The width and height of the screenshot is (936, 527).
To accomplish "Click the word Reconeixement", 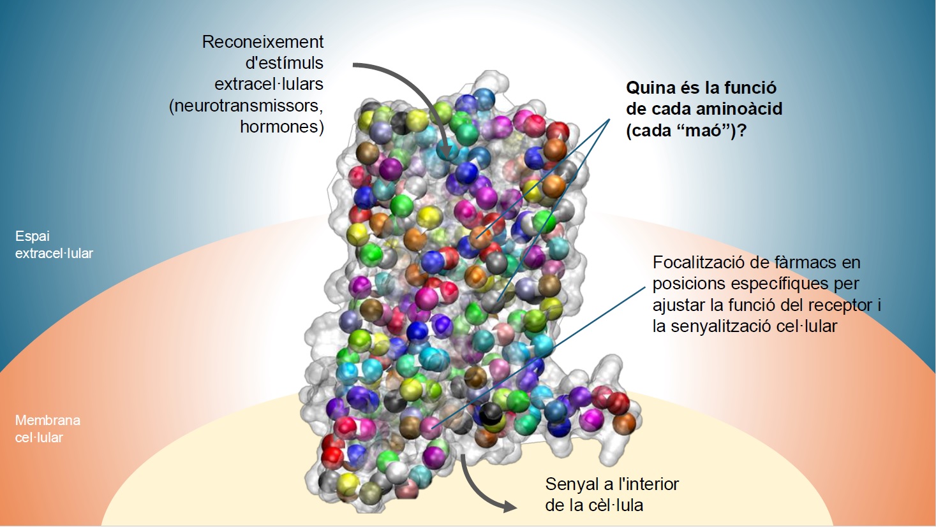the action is (263, 41).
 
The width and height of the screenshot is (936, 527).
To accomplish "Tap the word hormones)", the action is (282, 126).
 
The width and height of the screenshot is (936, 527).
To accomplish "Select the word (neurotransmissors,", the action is (246, 106).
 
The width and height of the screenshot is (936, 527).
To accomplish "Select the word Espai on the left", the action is (32, 236).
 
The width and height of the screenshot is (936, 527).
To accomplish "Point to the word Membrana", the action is (48, 420).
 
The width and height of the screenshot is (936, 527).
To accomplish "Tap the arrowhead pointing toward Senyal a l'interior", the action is (510, 506).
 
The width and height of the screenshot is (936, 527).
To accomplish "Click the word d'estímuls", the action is (284, 63).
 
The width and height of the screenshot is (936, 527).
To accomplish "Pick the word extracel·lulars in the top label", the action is (269, 84).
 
